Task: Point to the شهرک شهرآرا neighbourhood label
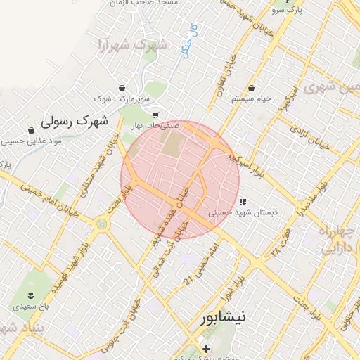[132, 47]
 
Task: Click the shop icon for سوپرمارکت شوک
[124, 89]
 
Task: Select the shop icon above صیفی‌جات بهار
[155, 115]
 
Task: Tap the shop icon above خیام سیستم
[252, 89]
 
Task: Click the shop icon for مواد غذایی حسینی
[31, 130]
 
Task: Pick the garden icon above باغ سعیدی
[30, 295]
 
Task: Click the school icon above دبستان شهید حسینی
[243, 202]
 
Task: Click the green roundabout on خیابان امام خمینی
[103, 224]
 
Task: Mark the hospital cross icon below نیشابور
[206, 349]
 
